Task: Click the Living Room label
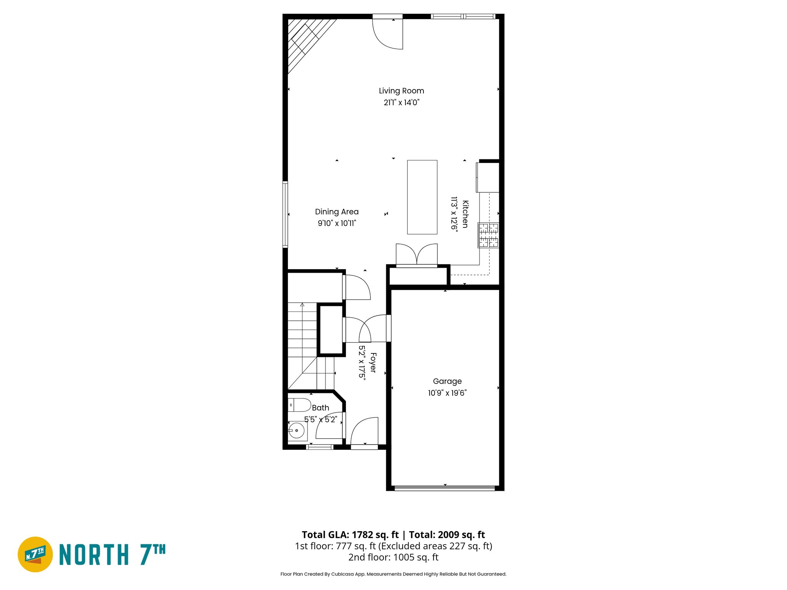(401, 91)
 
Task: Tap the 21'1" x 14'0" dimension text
(401, 103)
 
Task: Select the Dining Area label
(337, 212)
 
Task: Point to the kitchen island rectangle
(422, 197)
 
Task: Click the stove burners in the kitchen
(488, 235)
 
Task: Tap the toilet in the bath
(299, 405)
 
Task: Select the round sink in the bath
(296, 431)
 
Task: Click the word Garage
(447, 381)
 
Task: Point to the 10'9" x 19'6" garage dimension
(447, 393)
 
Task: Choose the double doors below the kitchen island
(417, 254)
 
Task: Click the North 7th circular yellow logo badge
(35, 554)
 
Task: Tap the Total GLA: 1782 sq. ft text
(350, 535)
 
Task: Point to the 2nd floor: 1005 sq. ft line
(393, 557)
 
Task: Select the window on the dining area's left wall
(285, 214)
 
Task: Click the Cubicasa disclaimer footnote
(393, 574)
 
